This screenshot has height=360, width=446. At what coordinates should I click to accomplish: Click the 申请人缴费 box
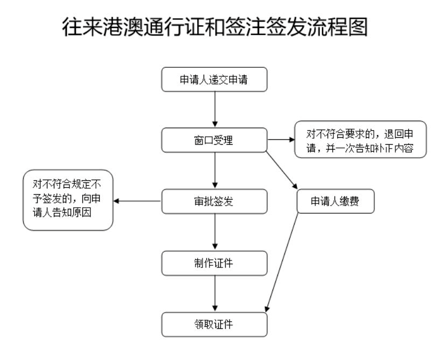(x=336, y=202)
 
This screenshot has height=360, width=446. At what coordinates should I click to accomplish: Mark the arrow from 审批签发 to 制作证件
(x=215, y=232)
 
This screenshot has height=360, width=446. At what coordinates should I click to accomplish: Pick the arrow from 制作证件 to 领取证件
(x=215, y=293)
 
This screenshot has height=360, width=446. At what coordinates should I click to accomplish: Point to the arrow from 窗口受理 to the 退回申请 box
(x=281, y=140)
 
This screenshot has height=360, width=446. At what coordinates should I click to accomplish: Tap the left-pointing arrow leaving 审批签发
(x=138, y=202)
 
